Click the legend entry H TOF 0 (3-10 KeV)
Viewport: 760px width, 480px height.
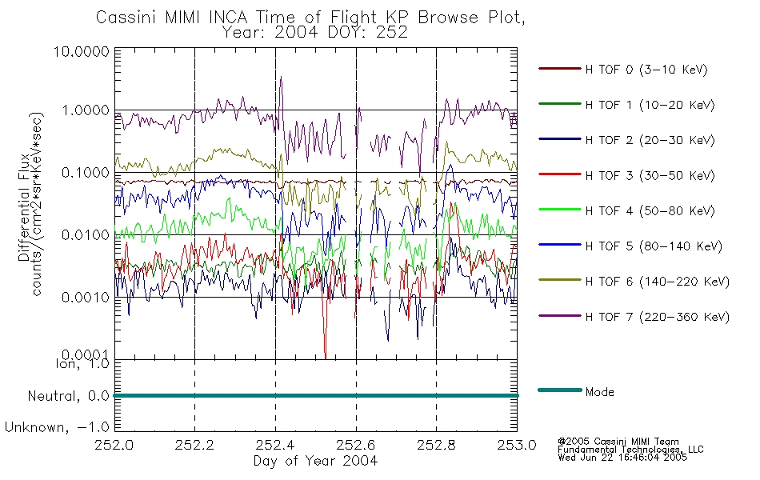pyautogui.click(x=646, y=70)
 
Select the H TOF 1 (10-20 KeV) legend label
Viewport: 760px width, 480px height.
pyautogui.click(x=650, y=105)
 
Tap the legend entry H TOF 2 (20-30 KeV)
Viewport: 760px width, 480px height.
pyautogui.click(x=650, y=140)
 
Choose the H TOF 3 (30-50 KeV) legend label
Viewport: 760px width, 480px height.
pyautogui.click(x=650, y=175)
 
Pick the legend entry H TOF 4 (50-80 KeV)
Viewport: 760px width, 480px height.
pyautogui.click(x=650, y=211)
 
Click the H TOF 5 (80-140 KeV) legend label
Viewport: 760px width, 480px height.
pyautogui.click(x=654, y=246)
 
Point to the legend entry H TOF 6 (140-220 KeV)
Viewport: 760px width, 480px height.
pyautogui.click(x=657, y=282)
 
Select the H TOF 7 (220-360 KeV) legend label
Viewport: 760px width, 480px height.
pyautogui.click(x=657, y=317)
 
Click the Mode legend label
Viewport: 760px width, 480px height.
pyautogui.click(x=599, y=392)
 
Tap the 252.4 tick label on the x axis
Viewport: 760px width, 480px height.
pyautogui.click(x=276, y=445)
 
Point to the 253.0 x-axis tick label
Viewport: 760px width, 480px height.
pyautogui.click(x=517, y=445)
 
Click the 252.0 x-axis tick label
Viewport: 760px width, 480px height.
pyautogui.click(x=114, y=445)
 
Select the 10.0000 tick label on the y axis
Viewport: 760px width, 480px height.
pyautogui.click(x=82, y=51)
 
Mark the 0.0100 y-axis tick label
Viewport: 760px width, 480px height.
pyautogui.click(x=86, y=235)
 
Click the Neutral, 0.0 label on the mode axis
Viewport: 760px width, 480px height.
pyautogui.click(x=68, y=396)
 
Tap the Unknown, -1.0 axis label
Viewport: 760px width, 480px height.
pyautogui.click(x=57, y=427)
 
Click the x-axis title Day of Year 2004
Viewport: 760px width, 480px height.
pyautogui.click(x=315, y=461)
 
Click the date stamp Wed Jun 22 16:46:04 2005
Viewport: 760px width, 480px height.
pyautogui.click(x=622, y=458)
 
